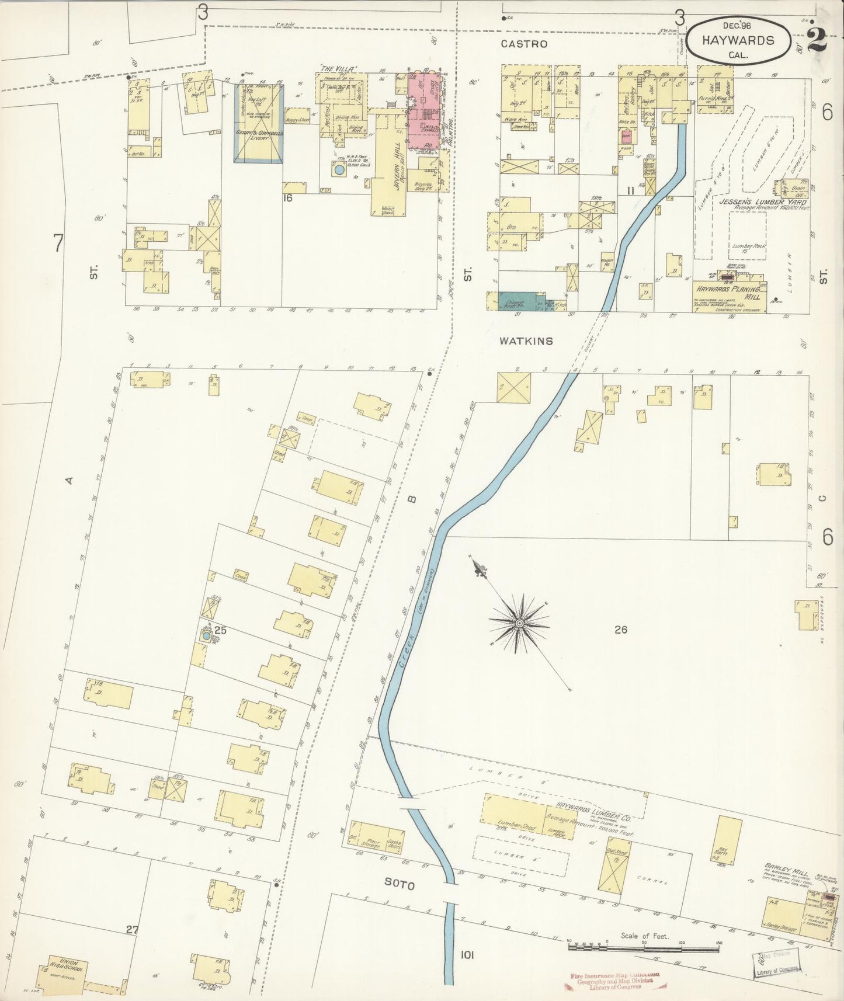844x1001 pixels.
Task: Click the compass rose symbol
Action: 519,624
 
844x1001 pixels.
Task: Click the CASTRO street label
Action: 524,44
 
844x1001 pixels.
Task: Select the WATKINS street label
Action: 526,340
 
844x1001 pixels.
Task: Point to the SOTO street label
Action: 400,885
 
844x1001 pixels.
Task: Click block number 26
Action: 620,630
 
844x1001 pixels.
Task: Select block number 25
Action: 220,630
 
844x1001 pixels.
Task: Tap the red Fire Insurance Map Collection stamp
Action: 612,982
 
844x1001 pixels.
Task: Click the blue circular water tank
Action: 339,171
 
